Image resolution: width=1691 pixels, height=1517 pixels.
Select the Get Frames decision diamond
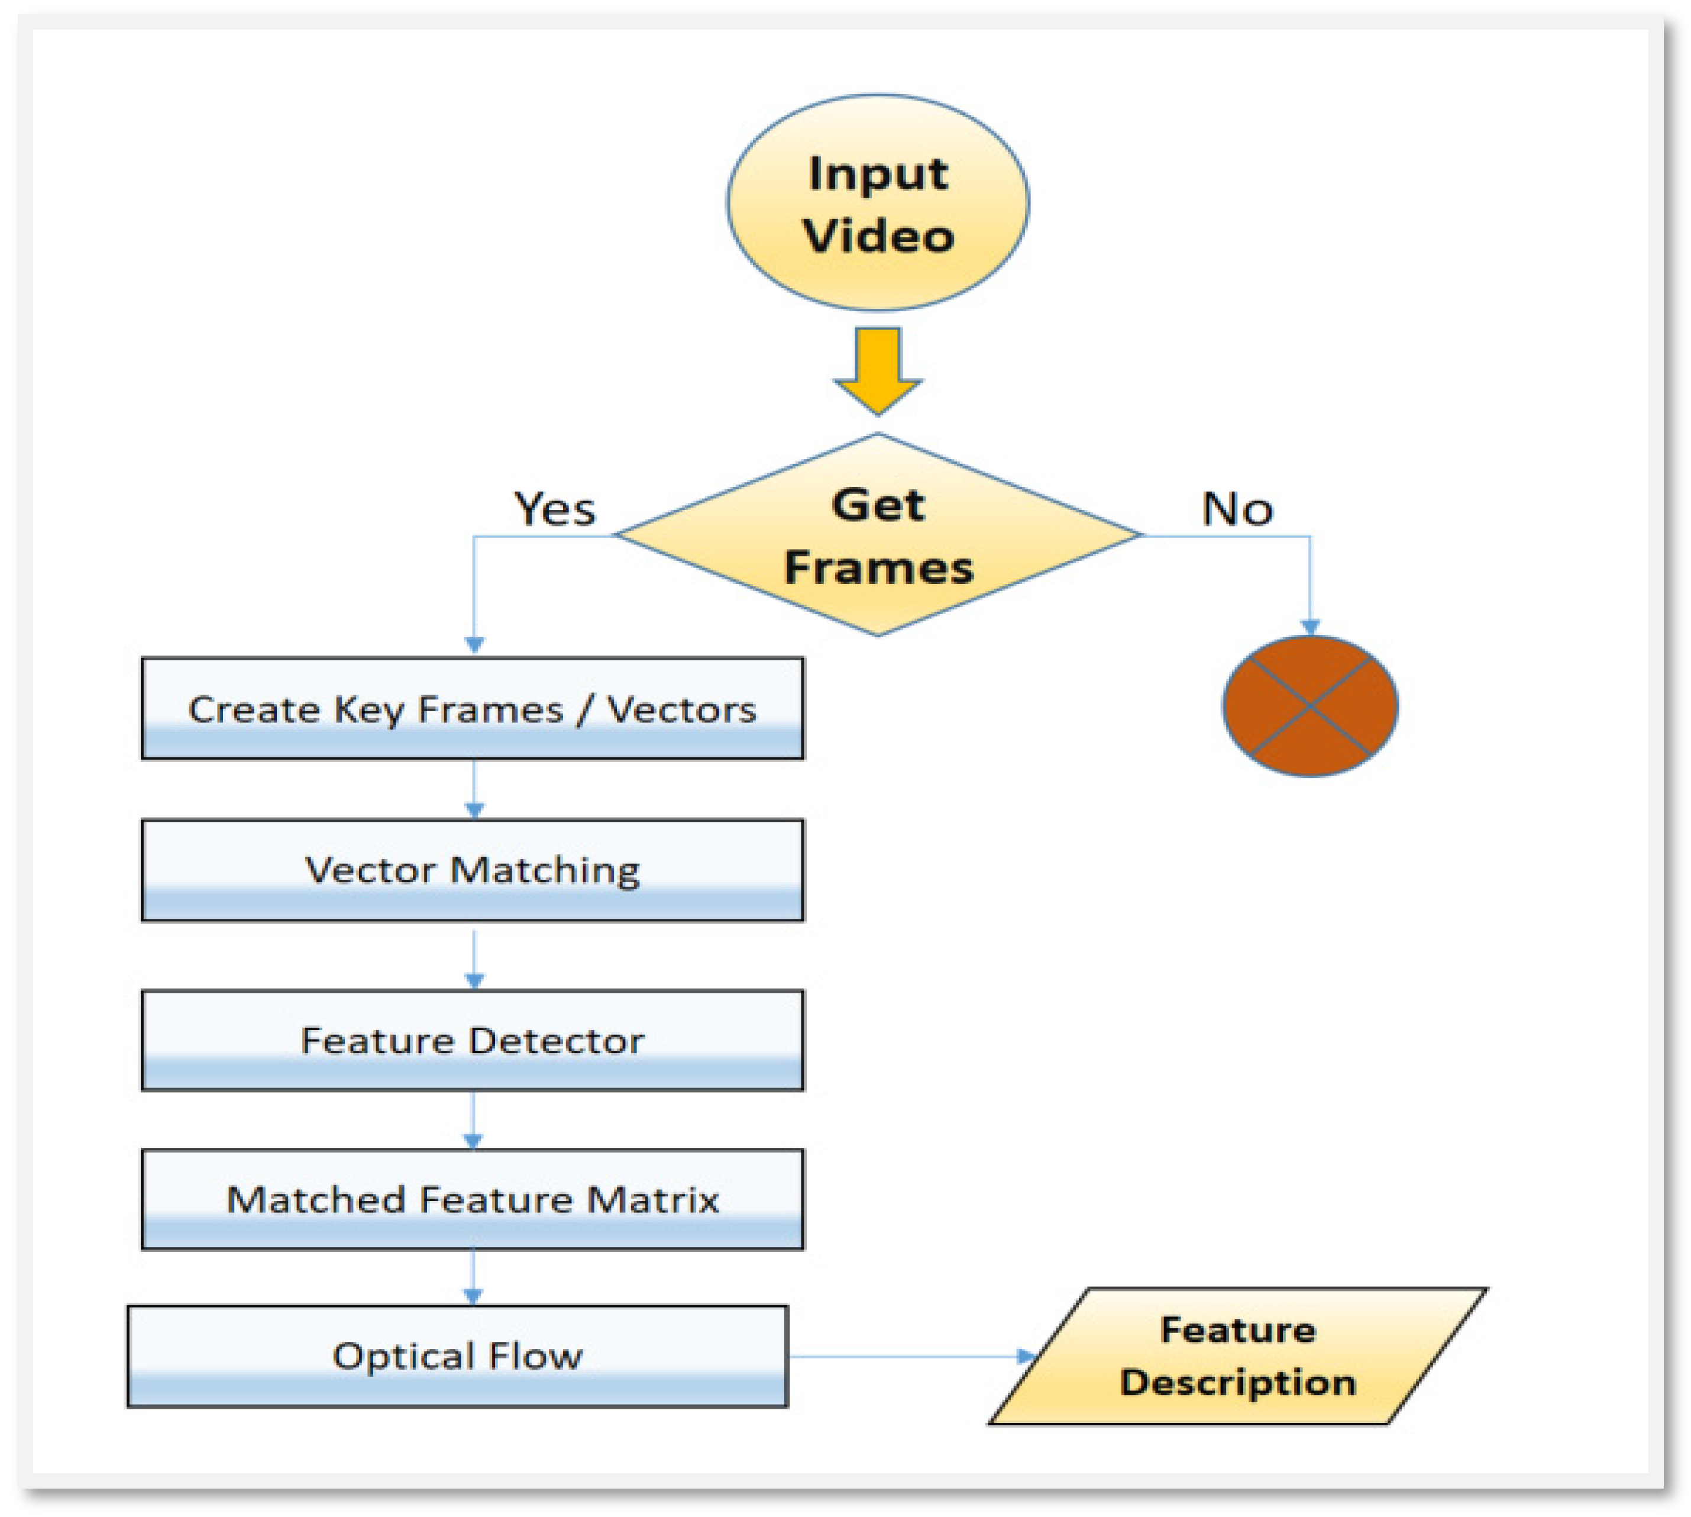(878, 534)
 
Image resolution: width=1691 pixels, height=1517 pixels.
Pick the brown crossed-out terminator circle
(1310, 705)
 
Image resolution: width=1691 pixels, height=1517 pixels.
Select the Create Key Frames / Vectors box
(472, 708)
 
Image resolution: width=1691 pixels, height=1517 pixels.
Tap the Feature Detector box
(472, 1040)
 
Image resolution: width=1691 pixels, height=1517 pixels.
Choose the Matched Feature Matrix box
(472, 1199)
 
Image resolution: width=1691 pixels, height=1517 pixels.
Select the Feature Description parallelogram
(1237, 1356)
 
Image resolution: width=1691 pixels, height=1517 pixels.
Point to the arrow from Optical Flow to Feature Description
(908, 1356)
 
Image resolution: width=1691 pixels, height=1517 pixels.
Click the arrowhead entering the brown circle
(1310, 627)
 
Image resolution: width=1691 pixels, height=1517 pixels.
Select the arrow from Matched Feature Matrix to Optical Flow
(473, 1276)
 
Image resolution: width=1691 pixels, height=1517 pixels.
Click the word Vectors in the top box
(681, 709)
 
